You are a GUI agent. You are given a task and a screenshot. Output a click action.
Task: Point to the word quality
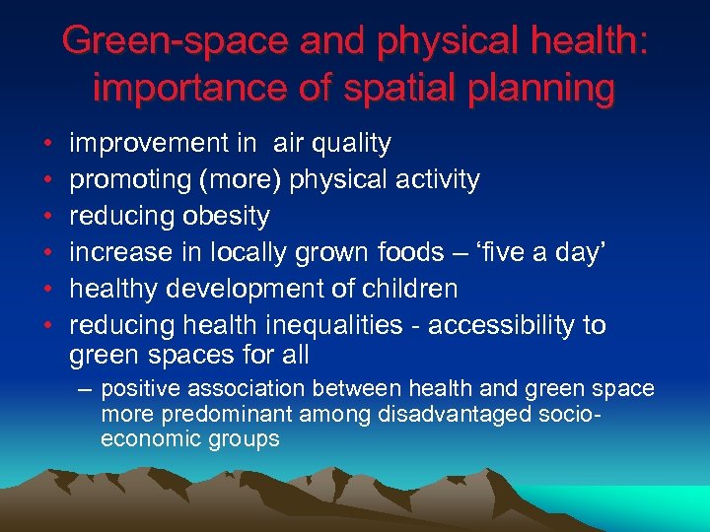[x=351, y=144]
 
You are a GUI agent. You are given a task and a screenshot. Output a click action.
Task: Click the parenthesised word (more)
[x=234, y=180]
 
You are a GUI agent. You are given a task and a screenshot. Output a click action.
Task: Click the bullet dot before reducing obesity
[x=47, y=217]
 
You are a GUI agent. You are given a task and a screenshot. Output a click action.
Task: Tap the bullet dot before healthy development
[x=47, y=290]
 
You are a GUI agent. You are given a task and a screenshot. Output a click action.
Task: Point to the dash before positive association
[x=86, y=389]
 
